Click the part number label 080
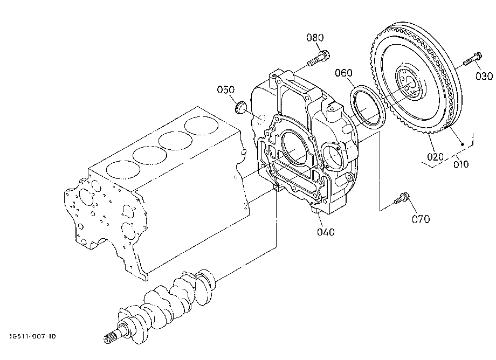click(x=315, y=38)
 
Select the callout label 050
click(x=225, y=90)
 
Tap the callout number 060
click(x=343, y=73)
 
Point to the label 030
click(x=484, y=76)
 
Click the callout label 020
click(x=435, y=157)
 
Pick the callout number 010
click(x=461, y=164)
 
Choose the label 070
click(x=421, y=219)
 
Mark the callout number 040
click(x=326, y=232)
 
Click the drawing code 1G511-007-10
click(x=32, y=336)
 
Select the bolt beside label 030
click(x=473, y=59)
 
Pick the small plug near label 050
click(x=241, y=107)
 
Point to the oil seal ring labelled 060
click(x=368, y=107)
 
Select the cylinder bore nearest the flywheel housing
click(x=202, y=126)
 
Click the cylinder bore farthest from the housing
click(x=123, y=170)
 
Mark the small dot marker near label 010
click(x=463, y=144)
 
